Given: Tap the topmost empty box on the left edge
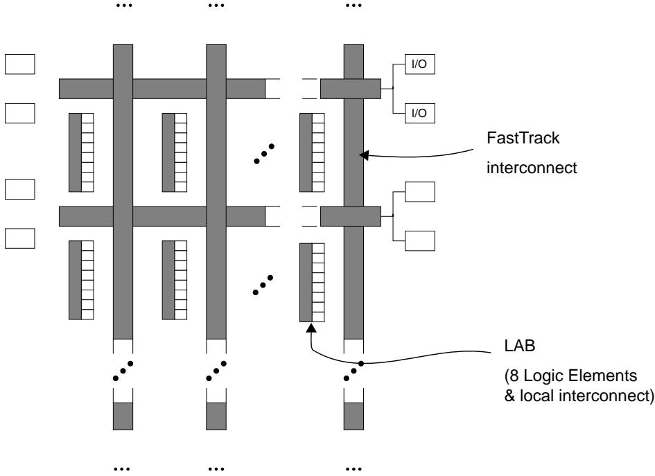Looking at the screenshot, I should (x=20, y=64).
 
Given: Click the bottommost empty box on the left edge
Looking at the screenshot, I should (x=20, y=238).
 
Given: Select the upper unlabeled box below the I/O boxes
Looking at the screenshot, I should (x=420, y=191).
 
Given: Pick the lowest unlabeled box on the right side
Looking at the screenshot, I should (x=420, y=240).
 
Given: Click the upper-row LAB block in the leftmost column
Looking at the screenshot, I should (x=81, y=152).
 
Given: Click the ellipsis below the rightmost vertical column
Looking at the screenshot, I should (x=354, y=468).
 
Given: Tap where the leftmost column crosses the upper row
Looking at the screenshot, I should (x=123, y=89).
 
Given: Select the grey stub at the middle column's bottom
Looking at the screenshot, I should (x=216, y=415).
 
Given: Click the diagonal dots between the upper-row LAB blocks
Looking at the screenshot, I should (x=263, y=153).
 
